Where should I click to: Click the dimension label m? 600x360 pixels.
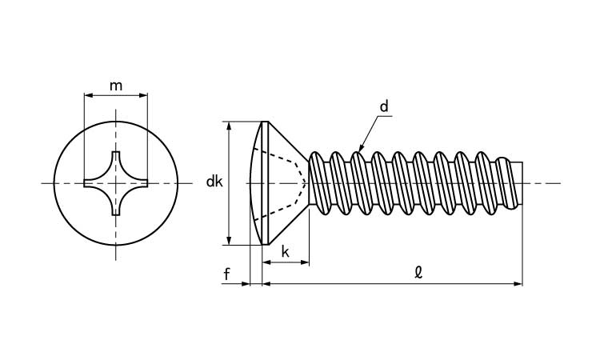pyautogui.click(x=116, y=86)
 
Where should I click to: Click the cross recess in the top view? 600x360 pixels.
pyautogui.click(x=115, y=183)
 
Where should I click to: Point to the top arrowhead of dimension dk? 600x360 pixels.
pyautogui.click(x=230, y=126)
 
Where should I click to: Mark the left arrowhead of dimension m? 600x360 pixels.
pyautogui.click(x=87, y=96)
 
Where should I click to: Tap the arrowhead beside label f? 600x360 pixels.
pyautogui.click(x=246, y=283)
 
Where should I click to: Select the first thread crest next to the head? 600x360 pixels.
pyautogui.click(x=317, y=154)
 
